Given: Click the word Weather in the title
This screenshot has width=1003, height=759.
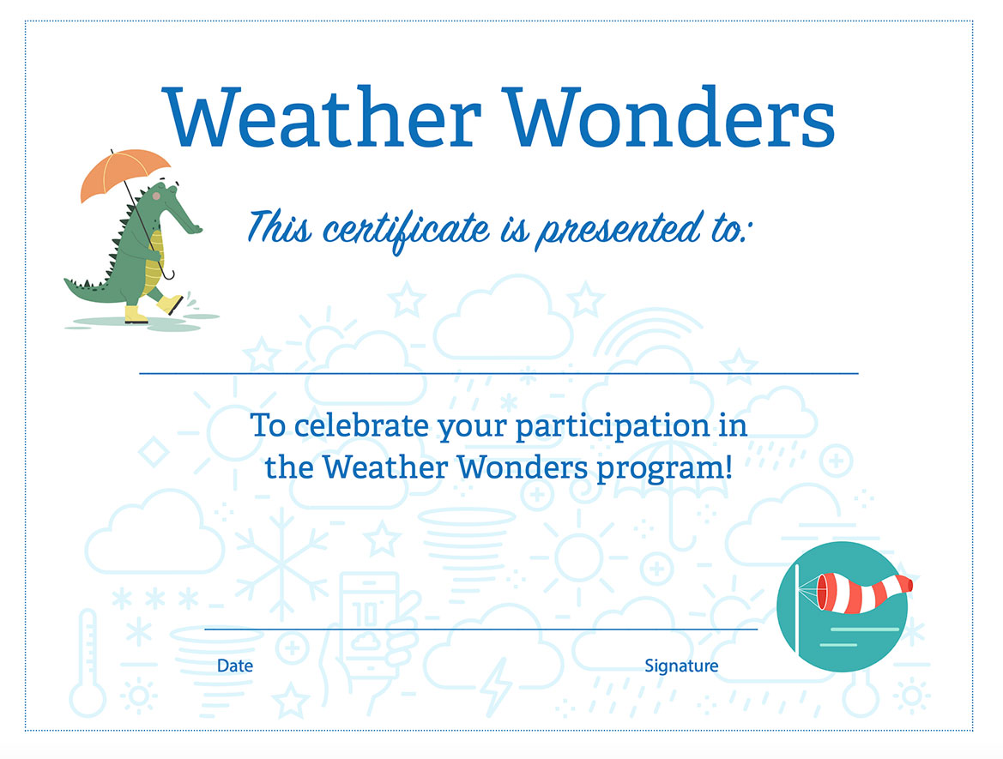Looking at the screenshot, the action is [x=321, y=117].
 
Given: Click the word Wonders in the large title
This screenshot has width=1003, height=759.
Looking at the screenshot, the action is [x=668, y=117].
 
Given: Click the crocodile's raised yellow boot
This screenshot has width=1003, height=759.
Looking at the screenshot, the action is [x=170, y=304].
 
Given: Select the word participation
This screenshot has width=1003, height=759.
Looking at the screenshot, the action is [x=613, y=427].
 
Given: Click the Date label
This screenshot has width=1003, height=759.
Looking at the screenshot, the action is [x=235, y=666].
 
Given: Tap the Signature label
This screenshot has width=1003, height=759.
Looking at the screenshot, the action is [x=681, y=666].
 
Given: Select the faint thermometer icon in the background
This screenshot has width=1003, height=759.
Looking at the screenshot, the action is [x=88, y=665].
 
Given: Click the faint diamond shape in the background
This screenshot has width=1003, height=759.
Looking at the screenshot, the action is [x=154, y=452].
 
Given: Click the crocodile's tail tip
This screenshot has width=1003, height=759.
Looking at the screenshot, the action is [x=66, y=280].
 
